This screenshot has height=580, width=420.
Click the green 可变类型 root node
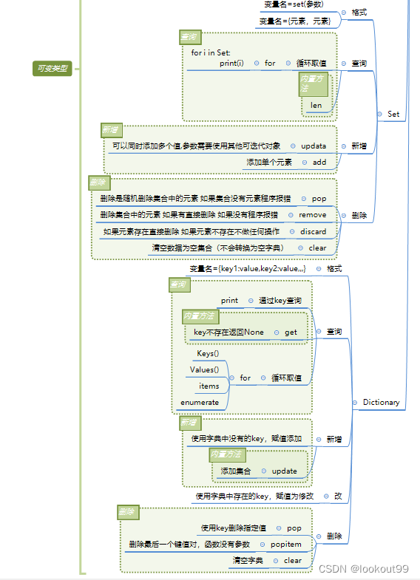click(x=52, y=69)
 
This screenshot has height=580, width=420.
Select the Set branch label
click(x=393, y=114)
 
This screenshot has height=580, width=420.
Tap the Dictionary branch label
click(x=381, y=403)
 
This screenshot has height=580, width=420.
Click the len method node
click(x=316, y=106)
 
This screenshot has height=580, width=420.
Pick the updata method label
click(x=314, y=146)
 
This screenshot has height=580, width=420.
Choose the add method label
click(x=319, y=162)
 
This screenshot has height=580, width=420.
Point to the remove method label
click(x=312, y=215)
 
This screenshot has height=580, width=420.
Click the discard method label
click(x=312, y=231)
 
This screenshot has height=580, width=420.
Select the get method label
click(x=291, y=332)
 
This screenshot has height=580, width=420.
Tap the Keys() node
click(x=208, y=354)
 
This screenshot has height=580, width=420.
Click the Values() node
click(x=204, y=369)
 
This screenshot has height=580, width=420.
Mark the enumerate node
click(x=200, y=402)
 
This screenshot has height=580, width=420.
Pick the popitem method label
click(x=285, y=544)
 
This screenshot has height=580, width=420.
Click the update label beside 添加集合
click(x=284, y=471)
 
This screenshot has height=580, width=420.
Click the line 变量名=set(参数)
click(x=294, y=4)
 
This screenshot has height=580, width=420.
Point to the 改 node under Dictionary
click(x=338, y=497)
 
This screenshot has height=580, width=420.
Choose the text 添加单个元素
click(x=269, y=162)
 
